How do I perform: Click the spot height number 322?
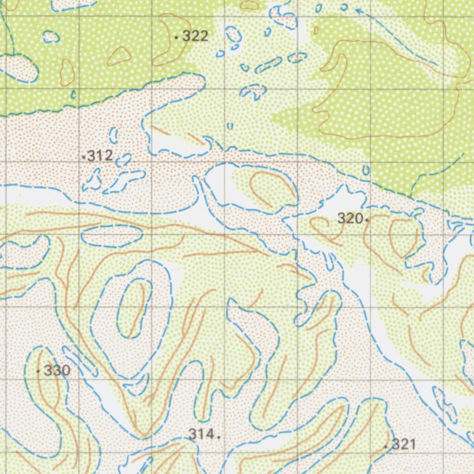coord(195,36)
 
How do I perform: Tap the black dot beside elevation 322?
coord(177,36)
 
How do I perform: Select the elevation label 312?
coord(100,156)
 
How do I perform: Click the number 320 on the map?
coord(350,218)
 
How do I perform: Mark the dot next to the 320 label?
coord(367,220)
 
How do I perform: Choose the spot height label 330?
coord(57,370)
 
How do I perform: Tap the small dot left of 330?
coord(38,371)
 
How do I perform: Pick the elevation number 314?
coord(201,434)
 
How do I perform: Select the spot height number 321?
coord(404,444)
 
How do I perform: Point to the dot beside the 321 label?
coord(386,446)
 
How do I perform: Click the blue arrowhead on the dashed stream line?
coord(358,10)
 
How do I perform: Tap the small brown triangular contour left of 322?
coord(119,56)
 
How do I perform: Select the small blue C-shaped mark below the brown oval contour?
coord(73,94)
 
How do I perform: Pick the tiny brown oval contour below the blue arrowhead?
coord(316,30)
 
